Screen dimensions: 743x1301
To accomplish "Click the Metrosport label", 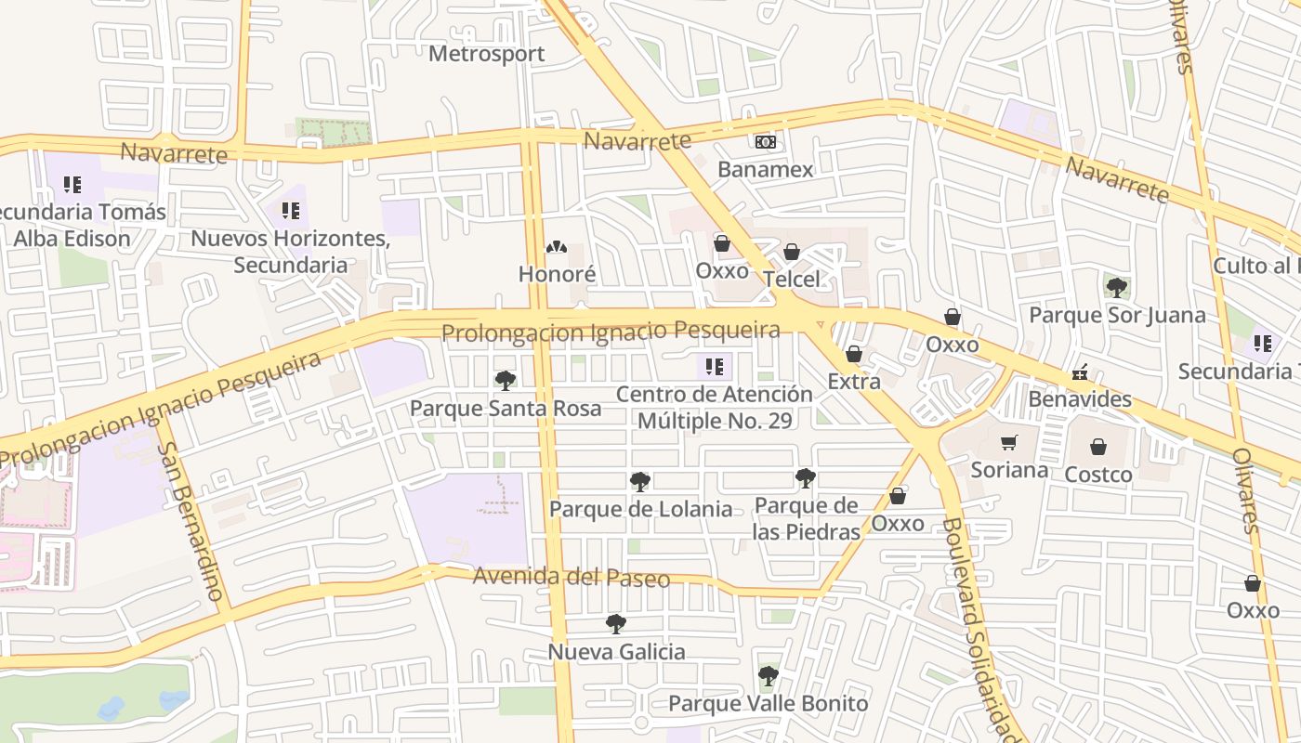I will (486, 54).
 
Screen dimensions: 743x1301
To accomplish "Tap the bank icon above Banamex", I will (766, 142).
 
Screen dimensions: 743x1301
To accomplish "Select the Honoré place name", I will (557, 274).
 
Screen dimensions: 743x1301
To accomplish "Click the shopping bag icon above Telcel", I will (792, 252).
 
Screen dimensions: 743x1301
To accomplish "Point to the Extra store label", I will (853, 381).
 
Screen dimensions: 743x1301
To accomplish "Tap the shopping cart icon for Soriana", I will (1008, 443).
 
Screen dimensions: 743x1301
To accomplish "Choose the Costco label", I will (1097, 475).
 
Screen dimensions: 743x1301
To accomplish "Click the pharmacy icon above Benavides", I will (1079, 372).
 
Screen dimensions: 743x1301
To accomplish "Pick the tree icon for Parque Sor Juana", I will (1117, 287).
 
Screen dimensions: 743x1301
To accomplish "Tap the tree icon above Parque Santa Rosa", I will (506, 380).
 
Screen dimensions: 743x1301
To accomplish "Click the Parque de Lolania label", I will (640, 509).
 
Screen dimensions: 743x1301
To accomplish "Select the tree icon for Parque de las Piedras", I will (806, 479).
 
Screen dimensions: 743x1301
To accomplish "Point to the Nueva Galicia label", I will (616, 652).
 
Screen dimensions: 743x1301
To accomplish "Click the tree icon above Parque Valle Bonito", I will (768, 675).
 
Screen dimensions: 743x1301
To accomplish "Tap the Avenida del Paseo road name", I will (571, 578).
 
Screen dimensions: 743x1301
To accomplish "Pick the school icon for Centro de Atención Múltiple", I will (714, 367).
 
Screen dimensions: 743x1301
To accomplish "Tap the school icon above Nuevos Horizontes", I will (290, 211).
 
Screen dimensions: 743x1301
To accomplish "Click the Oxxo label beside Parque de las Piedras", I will (897, 523).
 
